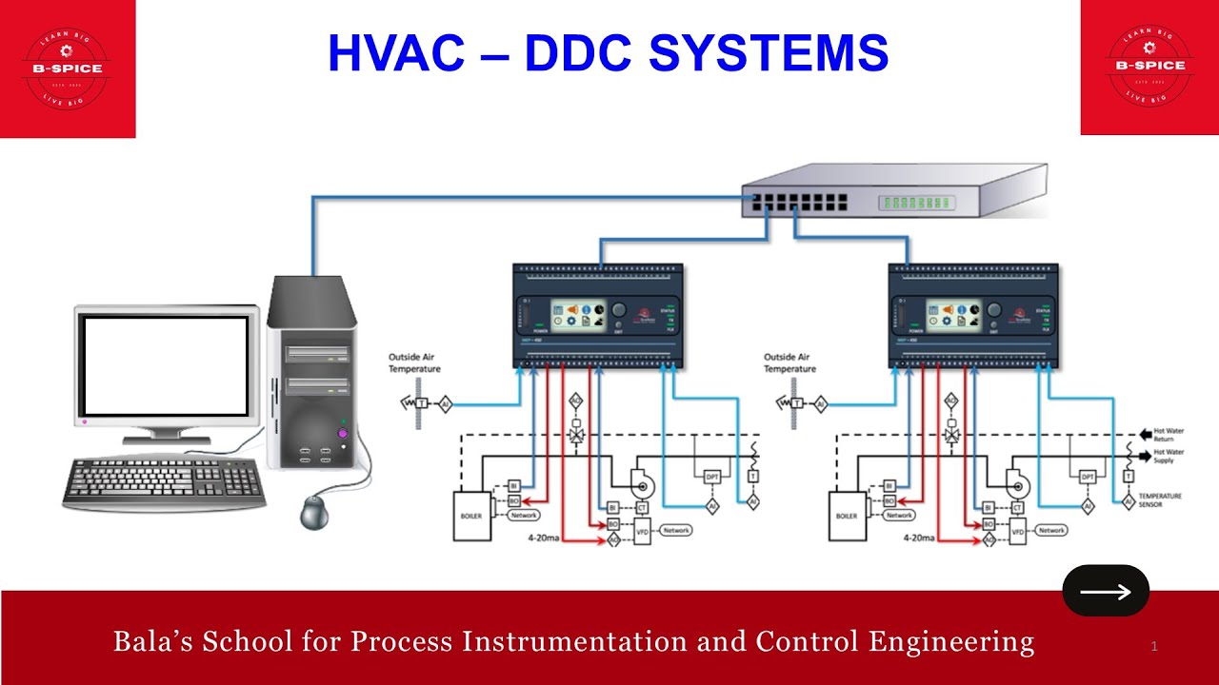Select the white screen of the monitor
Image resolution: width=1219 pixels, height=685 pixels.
point(166,366)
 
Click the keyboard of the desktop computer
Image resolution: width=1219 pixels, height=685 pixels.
point(164,483)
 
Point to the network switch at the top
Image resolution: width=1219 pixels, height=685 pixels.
point(895,190)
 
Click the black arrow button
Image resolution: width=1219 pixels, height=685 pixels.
point(1106,591)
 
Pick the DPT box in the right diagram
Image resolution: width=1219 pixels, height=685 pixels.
point(1088,477)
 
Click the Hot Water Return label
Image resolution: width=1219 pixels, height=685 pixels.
point(1169,435)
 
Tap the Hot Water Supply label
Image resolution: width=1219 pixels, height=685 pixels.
point(1169,456)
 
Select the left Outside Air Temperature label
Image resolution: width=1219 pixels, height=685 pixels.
point(414,362)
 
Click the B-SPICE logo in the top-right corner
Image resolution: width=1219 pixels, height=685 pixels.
point(1149,67)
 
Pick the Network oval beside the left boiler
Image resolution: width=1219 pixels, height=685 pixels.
point(524,515)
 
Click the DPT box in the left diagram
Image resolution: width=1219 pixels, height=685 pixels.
point(712,477)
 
